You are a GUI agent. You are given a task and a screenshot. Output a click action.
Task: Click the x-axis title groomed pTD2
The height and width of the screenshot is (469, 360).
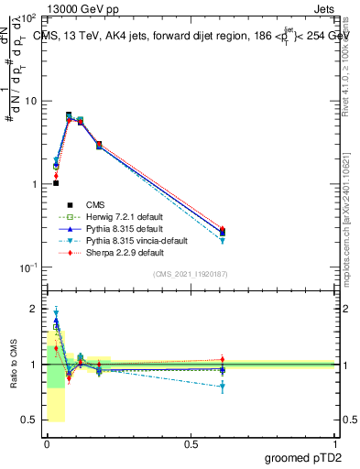click(x=301, y=457)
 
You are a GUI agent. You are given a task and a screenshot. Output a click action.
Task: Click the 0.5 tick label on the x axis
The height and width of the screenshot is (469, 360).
click(x=191, y=443)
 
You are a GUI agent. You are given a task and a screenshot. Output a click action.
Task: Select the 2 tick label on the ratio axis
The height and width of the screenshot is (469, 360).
click(x=34, y=310)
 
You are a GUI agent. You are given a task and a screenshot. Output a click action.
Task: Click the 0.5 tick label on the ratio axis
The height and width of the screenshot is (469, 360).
click(x=30, y=420)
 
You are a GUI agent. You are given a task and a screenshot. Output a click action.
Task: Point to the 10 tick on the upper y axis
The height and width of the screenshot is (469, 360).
click(x=30, y=101)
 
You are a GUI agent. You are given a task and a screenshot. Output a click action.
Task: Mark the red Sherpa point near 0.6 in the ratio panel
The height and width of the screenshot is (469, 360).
click(x=223, y=359)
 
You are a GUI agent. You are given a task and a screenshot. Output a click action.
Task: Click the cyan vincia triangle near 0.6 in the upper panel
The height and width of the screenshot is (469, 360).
click(x=223, y=241)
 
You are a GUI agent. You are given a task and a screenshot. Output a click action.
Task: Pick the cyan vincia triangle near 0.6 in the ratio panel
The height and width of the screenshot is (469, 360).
click(x=223, y=387)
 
